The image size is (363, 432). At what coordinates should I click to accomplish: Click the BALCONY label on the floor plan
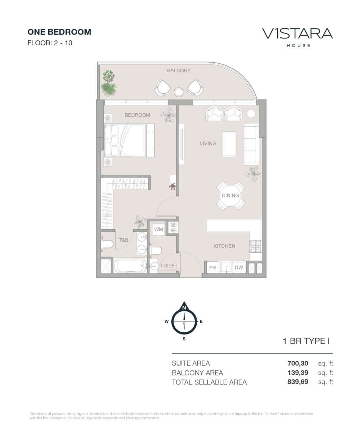pyautogui.click(x=179, y=71)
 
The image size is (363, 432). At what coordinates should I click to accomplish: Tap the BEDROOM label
pyautogui.click(x=137, y=115)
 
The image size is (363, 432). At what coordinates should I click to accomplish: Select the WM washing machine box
pyautogui.click(x=158, y=229)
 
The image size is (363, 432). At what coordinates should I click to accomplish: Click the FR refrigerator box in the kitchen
pyautogui.click(x=213, y=268)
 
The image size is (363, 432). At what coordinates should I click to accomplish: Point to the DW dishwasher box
pyautogui.click(x=239, y=268)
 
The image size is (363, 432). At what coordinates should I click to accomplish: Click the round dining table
pyautogui.click(x=230, y=195)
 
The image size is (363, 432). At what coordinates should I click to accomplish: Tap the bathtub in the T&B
pyautogui.click(x=130, y=266)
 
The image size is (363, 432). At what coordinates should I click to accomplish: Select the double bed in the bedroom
pyautogui.click(x=124, y=140)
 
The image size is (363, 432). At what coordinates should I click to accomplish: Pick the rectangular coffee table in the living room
pyautogui.click(x=229, y=144)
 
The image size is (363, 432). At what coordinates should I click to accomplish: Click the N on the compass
pyautogui.click(x=184, y=308)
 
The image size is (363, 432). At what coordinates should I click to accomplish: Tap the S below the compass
pyautogui.click(x=184, y=339)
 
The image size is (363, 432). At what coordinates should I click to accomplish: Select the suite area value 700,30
pyautogui.click(x=298, y=363)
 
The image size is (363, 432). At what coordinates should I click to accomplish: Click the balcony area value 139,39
pyautogui.click(x=298, y=373)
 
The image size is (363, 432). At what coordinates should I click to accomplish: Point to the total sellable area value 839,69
pyautogui.click(x=298, y=382)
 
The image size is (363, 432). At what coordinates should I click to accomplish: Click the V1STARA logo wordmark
pyautogui.click(x=297, y=34)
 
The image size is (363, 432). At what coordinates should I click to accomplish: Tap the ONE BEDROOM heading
pyautogui.click(x=59, y=32)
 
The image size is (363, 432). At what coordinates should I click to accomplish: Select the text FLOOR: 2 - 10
pyautogui.click(x=50, y=43)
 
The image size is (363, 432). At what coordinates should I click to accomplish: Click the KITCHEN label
pyautogui.click(x=224, y=246)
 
